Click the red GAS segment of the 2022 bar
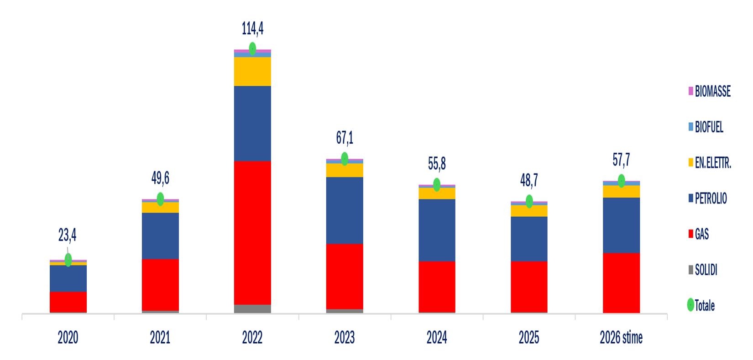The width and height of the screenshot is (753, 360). click(252, 233)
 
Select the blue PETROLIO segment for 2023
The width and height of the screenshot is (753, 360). click(345, 210)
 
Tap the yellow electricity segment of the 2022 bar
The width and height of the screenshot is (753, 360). click(252, 72)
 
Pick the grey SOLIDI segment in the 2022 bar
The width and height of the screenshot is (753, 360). click(252, 309)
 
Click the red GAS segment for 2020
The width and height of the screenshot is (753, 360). click(68, 302)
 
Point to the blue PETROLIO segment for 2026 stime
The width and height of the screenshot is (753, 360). click(621, 225)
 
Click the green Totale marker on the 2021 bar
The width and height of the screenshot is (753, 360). click(160, 199)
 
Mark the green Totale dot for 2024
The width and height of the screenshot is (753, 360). click(437, 184)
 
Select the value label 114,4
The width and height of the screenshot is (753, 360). click(252, 29)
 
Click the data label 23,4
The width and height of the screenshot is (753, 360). click(67, 235)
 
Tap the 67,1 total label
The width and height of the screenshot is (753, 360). click(345, 138)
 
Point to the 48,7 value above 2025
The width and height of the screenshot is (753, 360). click(529, 181)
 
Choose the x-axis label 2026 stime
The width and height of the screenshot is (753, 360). click(621, 338)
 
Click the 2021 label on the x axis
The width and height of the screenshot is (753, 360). click(160, 338)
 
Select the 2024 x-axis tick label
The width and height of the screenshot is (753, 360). click(437, 338)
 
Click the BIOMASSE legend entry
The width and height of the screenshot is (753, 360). click(709, 91)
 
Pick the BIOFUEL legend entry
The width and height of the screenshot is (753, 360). click(706, 127)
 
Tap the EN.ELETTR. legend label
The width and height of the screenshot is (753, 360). click(710, 163)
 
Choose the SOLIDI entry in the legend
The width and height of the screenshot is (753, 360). click(703, 270)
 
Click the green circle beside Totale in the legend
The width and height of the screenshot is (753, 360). click(690, 305)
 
